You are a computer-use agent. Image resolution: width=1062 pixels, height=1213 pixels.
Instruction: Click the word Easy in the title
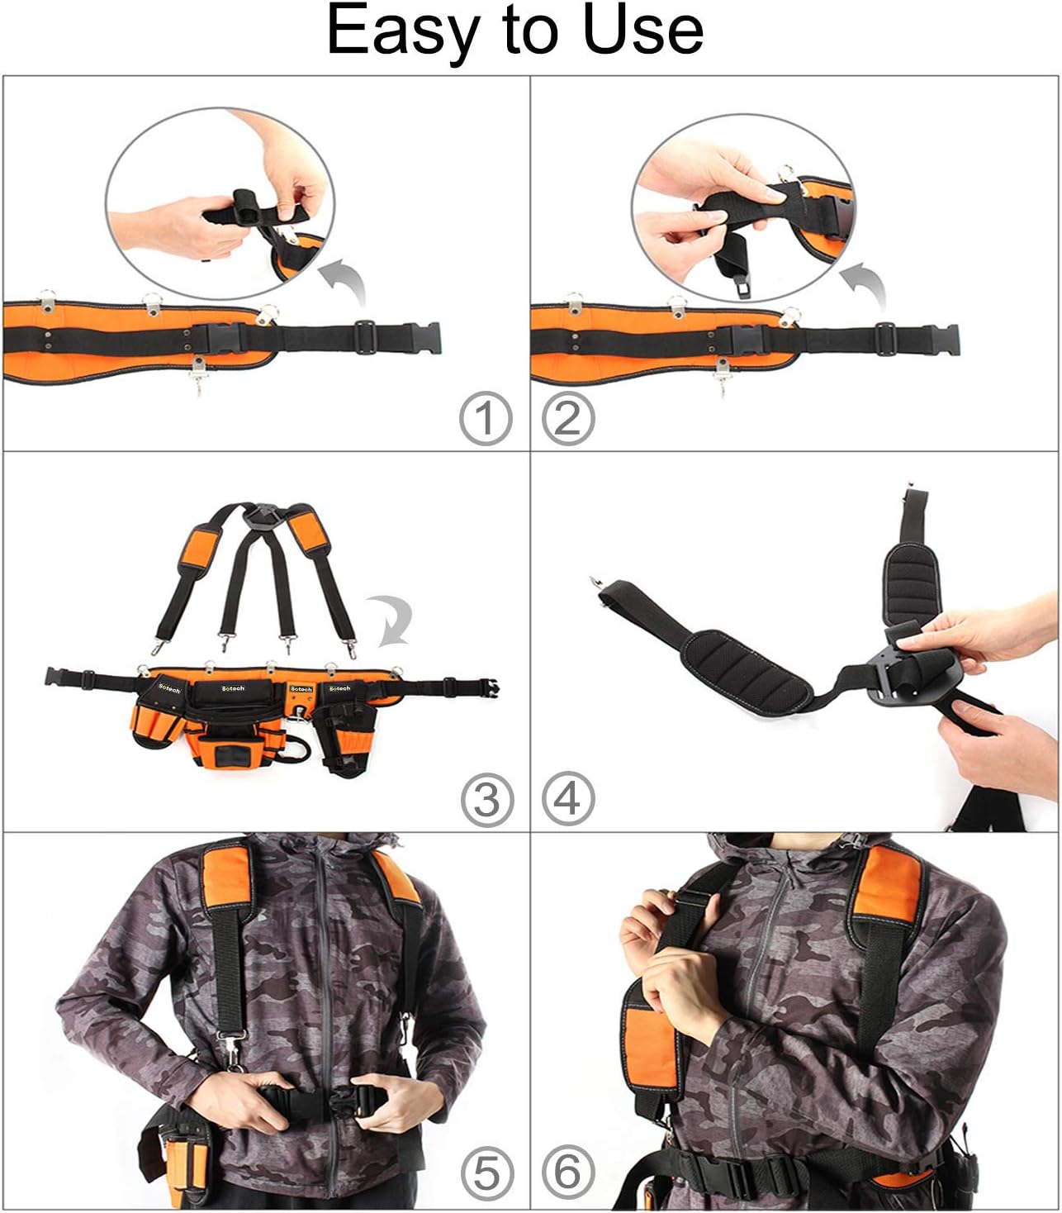(x=404, y=31)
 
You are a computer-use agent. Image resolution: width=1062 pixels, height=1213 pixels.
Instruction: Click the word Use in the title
(x=642, y=31)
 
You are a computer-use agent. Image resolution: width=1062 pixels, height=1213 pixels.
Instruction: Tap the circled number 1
(x=486, y=419)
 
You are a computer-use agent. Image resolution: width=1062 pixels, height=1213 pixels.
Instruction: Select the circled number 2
(x=568, y=419)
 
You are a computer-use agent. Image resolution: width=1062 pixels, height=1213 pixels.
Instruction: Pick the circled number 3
(x=486, y=800)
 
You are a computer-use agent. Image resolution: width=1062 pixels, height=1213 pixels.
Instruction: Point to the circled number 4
(x=568, y=800)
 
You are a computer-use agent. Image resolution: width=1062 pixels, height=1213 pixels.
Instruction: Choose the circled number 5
(x=486, y=1174)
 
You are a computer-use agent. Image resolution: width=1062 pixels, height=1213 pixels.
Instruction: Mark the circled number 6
(x=568, y=1174)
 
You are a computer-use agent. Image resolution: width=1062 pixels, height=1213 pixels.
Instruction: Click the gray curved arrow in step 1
(x=345, y=280)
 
